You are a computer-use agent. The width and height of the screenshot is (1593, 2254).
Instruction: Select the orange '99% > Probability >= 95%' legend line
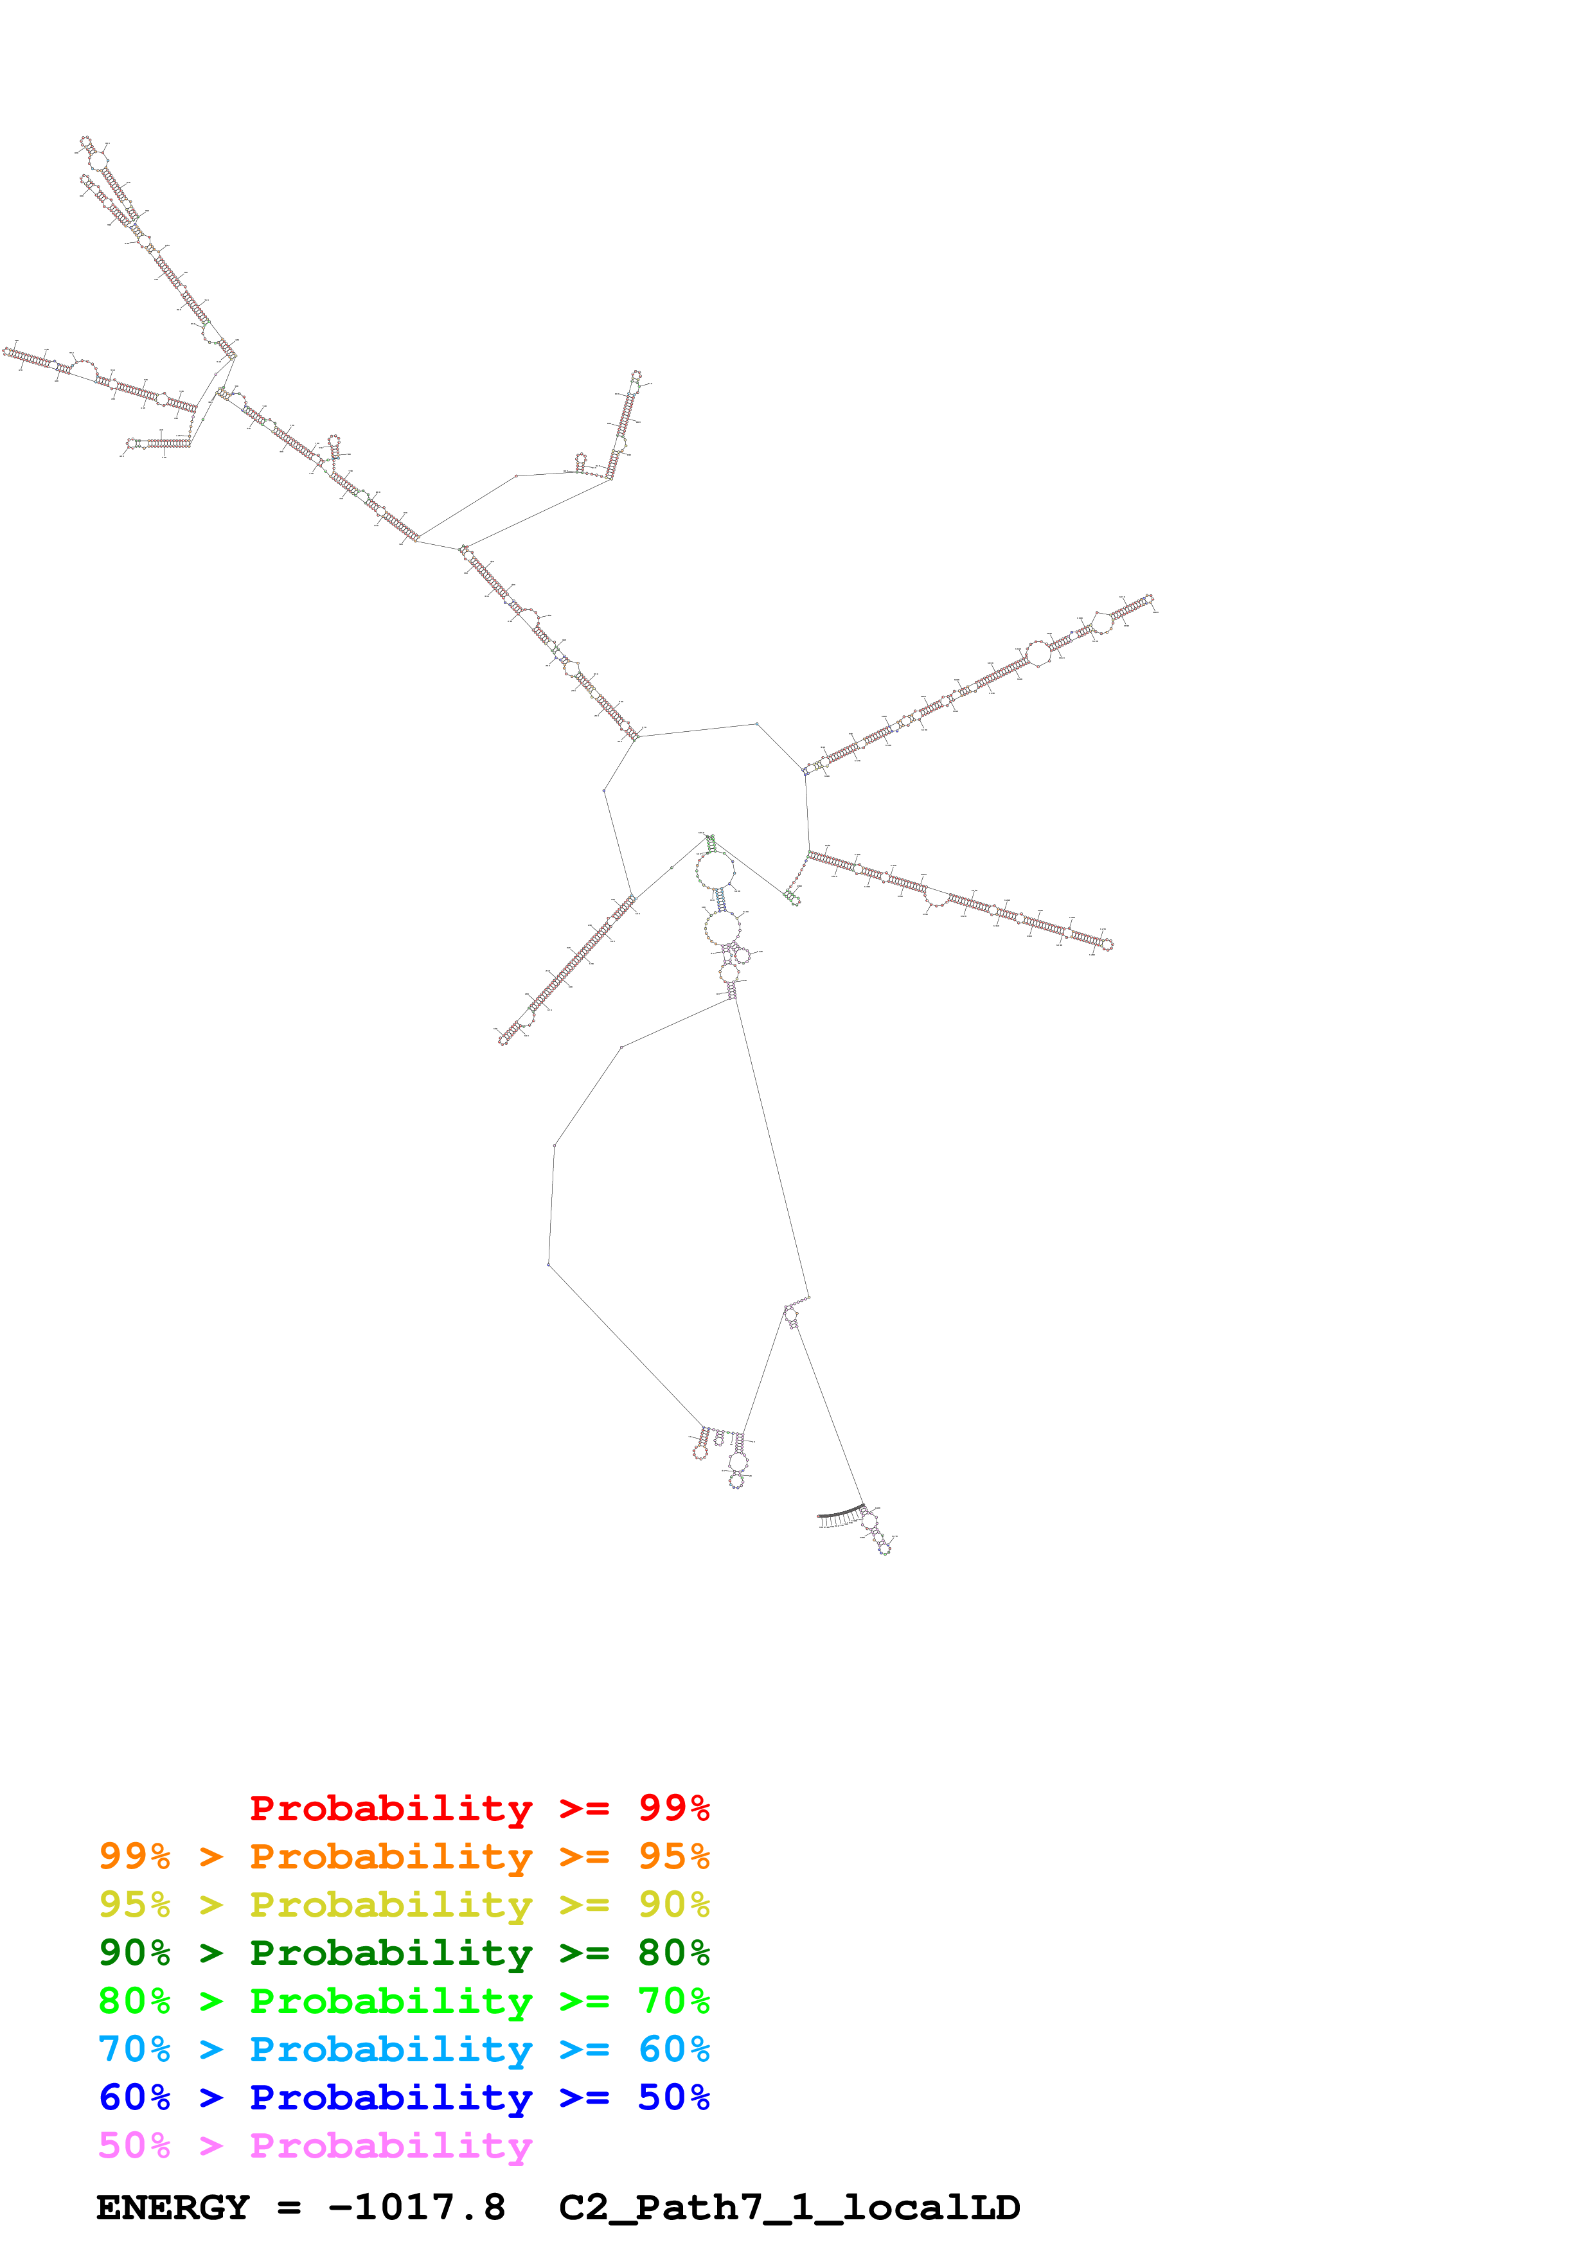click(404, 1856)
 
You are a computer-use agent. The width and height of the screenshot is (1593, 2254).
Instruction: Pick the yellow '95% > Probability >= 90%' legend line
click(404, 1904)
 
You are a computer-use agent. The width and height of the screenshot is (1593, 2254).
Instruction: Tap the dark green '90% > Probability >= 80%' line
click(404, 1953)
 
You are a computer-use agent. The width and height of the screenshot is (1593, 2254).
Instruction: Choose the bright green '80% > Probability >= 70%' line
click(404, 2001)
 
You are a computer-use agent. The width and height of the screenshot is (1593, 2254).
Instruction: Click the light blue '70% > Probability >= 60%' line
click(404, 2049)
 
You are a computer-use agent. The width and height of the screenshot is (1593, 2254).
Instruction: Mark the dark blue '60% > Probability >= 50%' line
click(404, 2097)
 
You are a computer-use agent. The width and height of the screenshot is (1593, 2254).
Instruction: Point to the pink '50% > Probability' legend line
click(315, 2145)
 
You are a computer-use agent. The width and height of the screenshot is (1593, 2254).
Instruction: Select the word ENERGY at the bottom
click(173, 2207)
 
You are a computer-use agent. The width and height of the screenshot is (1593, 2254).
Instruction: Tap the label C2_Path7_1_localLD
click(789, 2207)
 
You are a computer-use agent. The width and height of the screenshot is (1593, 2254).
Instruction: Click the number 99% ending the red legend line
click(673, 1808)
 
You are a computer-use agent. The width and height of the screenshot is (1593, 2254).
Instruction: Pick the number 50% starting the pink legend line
click(134, 2145)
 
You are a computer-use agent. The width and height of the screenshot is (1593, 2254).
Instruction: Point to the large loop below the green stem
click(715, 870)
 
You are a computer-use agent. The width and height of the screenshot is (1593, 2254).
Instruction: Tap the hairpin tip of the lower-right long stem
click(1108, 945)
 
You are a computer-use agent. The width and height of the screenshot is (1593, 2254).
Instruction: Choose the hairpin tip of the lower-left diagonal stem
click(504, 1040)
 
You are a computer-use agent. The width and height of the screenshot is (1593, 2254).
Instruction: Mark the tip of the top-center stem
click(636, 376)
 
